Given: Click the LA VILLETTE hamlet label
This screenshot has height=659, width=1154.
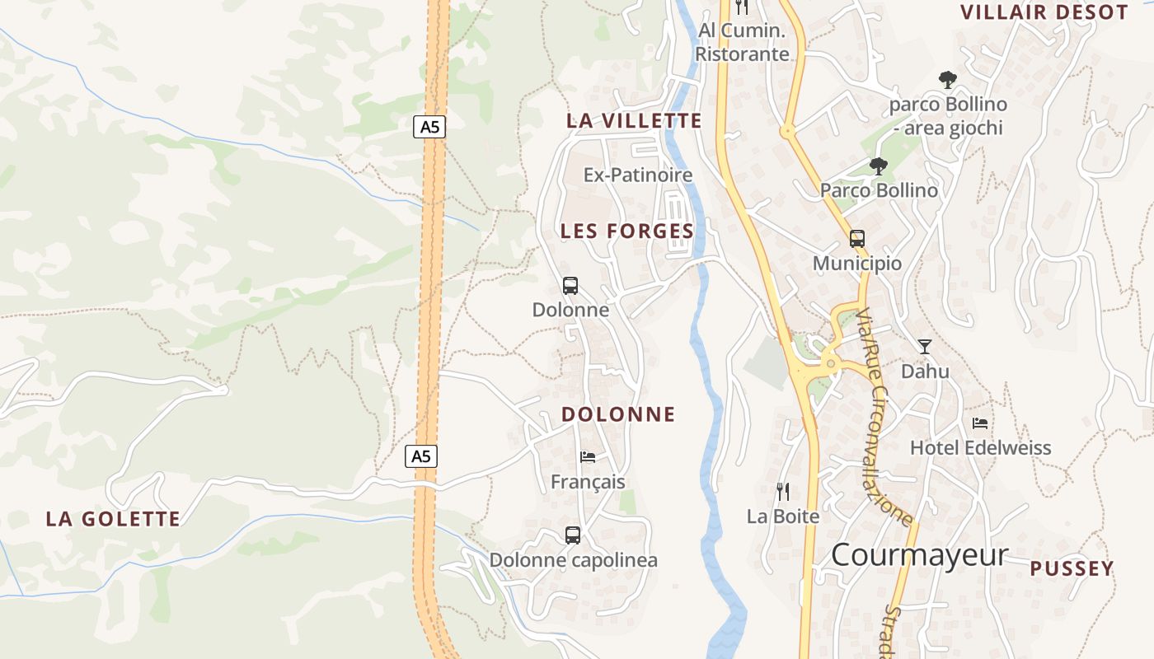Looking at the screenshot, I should point(634,120).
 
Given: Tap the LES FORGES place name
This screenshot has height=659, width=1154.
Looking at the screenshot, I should point(627,231).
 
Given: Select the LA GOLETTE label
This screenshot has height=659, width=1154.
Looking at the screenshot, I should point(113,519).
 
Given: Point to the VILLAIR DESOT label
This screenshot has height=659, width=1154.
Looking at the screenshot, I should point(1044,12).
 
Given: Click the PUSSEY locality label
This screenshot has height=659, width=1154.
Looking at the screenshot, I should point(1072,569).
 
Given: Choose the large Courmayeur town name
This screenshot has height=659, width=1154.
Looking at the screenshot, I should point(919,555).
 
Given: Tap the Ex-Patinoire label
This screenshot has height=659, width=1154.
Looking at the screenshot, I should point(638,175).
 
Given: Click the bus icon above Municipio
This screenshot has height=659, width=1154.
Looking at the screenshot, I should point(857,239).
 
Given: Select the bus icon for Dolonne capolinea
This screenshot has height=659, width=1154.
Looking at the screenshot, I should point(573,535).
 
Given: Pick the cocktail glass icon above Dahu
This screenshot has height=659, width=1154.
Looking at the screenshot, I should point(925,347).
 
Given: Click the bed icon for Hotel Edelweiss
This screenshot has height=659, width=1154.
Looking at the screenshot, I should point(980,423).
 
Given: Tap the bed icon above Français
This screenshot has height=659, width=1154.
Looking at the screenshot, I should point(588,456).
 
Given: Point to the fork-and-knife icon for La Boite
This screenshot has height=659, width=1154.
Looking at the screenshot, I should point(783,492).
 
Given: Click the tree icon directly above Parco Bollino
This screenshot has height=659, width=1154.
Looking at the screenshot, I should point(879,166).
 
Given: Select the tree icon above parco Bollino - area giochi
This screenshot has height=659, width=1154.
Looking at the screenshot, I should point(948,80).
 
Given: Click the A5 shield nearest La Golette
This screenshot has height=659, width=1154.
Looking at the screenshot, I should point(421,456).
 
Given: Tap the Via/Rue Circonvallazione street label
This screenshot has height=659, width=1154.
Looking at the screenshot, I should point(884,418).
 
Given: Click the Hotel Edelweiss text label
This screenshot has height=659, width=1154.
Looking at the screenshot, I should point(980,448).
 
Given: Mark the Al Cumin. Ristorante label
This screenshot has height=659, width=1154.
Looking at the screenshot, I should point(742,43).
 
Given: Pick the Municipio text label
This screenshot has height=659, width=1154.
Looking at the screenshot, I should point(857,264).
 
